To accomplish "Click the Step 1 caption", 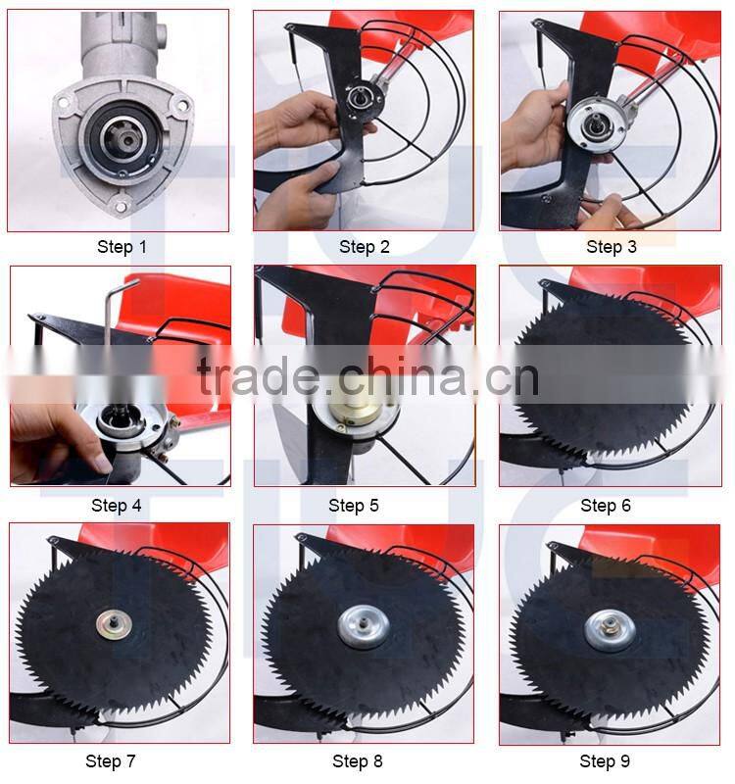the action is [122, 247].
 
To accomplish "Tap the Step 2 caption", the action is [364, 247].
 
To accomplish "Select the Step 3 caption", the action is [611, 247].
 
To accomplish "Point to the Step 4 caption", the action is [116, 505].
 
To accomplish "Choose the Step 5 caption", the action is [354, 505].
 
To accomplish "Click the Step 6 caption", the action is [606, 505].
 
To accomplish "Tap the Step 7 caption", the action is [110, 761].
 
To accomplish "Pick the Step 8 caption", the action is [357, 761].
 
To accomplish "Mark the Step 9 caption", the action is [605, 761].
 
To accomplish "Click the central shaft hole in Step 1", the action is [127, 140].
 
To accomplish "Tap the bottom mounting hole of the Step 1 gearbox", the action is [120, 205].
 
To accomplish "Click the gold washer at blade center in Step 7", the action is [115, 624].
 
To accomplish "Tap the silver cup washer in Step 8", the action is [364, 626].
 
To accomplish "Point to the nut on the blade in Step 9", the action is [610, 624].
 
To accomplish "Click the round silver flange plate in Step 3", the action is [597, 125].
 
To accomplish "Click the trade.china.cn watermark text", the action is [368, 375].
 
